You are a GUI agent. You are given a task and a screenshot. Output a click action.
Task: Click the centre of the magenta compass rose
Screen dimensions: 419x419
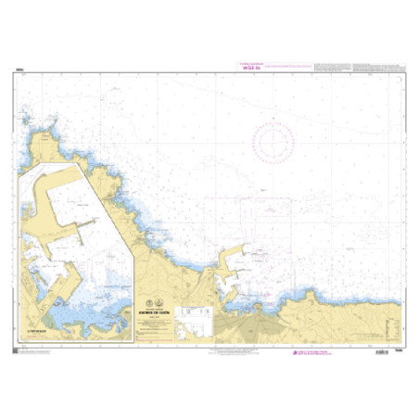coord(273,141)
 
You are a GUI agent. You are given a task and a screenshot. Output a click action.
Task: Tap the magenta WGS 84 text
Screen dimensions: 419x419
coord(249,67)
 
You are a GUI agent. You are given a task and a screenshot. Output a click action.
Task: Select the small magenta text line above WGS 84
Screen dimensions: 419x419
coord(248,62)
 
